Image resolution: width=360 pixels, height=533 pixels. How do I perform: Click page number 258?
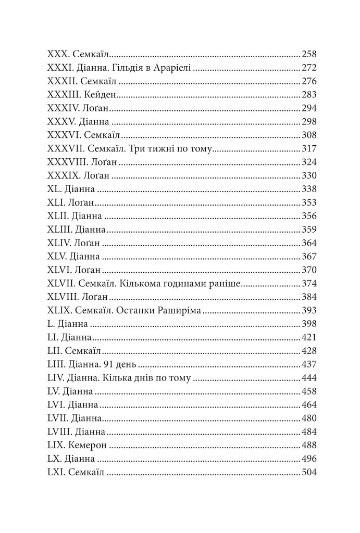coord(309,54)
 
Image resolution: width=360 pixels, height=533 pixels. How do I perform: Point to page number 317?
coord(309,148)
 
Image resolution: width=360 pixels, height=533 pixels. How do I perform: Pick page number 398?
coord(309,324)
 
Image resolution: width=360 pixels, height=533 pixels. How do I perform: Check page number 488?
coord(309,446)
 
